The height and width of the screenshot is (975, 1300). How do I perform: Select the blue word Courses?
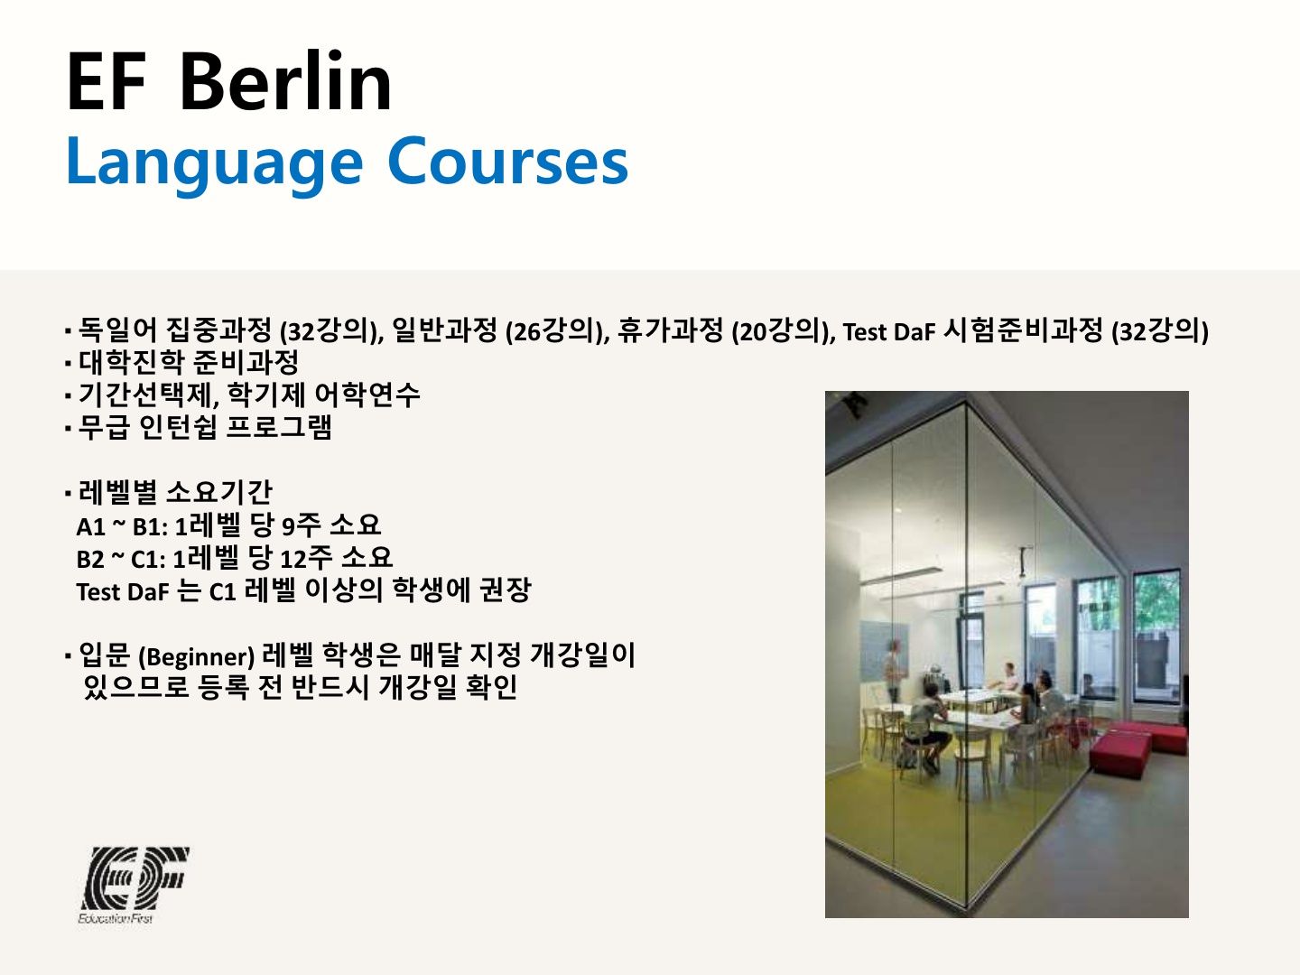(507, 162)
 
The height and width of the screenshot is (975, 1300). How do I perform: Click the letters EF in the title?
(107, 81)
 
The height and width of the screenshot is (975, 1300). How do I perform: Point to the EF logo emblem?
(135, 877)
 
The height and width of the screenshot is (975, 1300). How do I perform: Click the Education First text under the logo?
(116, 918)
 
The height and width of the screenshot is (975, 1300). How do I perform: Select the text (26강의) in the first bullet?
(558, 331)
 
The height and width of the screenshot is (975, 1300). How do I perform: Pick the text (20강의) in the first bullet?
(784, 331)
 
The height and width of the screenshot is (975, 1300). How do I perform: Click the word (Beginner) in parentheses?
(196, 657)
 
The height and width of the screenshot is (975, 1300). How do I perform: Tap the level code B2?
(90, 559)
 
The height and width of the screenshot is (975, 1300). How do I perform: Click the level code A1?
(90, 526)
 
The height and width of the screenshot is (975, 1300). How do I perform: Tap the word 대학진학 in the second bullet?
(131, 362)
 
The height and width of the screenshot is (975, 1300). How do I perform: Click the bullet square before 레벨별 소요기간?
(68, 493)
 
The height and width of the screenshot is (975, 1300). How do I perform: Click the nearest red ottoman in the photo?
(1119, 754)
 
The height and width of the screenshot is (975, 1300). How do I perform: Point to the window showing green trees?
(1157, 636)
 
